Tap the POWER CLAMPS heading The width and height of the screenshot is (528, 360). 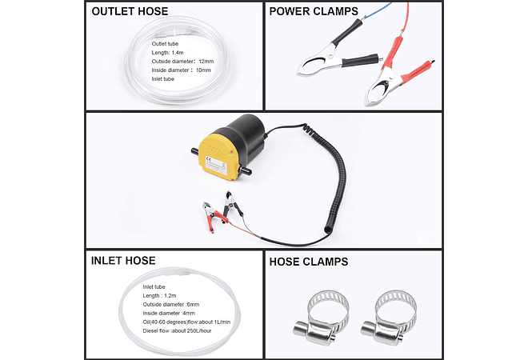314,12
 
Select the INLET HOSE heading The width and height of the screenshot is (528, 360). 123,261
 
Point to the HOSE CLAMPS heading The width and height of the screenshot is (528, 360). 309,262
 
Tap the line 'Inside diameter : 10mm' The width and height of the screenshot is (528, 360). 181,70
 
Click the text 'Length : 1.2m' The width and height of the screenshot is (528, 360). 164,294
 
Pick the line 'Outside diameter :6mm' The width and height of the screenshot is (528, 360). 172,303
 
